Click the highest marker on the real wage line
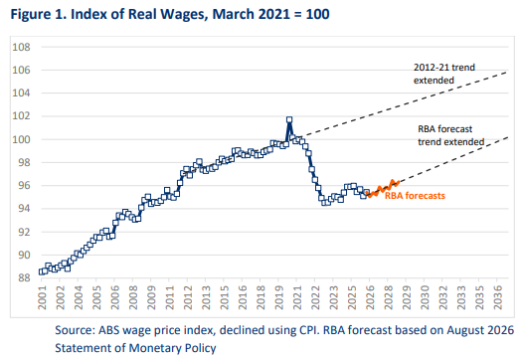(x=289, y=119)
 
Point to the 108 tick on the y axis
(x=21, y=47)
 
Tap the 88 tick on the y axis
(x=25, y=277)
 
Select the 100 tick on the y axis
(x=21, y=139)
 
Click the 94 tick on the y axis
(x=25, y=209)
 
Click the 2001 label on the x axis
(x=42, y=297)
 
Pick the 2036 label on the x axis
(x=497, y=297)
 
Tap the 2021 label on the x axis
(x=297, y=297)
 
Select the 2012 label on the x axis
(x=188, y=297)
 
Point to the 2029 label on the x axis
(x=407, y=297)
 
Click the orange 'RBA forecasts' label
(x=415, y=196)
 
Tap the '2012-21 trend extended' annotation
(x=444, y=74)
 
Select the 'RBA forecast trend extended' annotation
(x=451, y=135)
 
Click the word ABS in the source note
(x=109, y=330)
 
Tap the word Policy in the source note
(x=201, y=349)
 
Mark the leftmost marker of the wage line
(x=42, y=271)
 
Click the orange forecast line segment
(x=383, y=189)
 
